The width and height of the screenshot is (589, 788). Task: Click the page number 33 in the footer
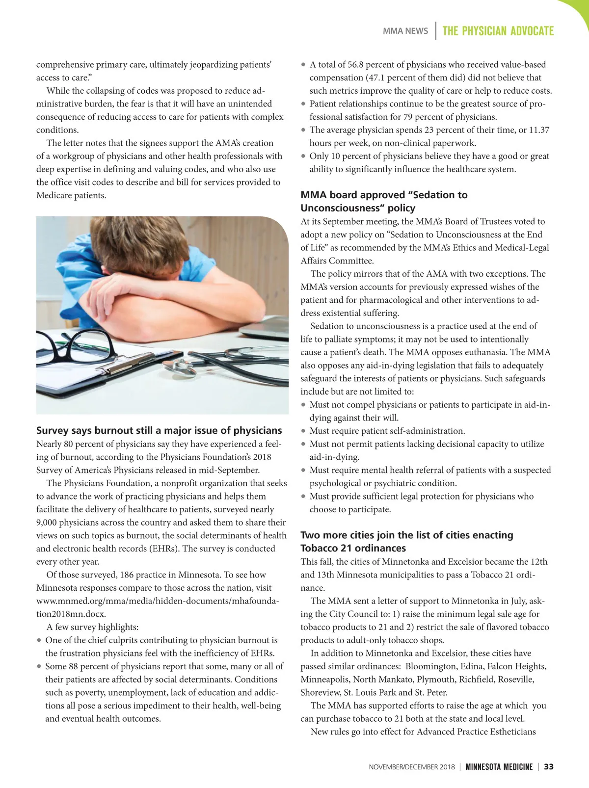[x=549, y=767]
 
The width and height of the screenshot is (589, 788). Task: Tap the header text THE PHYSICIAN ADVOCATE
[x=498, y=31]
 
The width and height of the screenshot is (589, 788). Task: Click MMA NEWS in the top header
[x=405, y=31]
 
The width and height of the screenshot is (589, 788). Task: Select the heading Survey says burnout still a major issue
[x=159, y=430]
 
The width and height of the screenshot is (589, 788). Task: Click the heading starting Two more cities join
[x=406, y=535]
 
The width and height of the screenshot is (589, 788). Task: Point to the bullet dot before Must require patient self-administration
[x=304, y=431]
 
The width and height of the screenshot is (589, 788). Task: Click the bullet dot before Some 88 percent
[x=39, y=667]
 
